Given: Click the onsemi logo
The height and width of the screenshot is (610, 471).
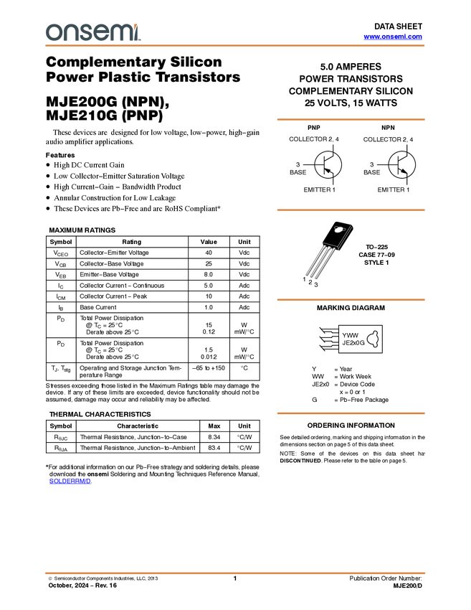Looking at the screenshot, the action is [92, 32].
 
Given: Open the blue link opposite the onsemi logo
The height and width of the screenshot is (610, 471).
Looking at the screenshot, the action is [393, 37].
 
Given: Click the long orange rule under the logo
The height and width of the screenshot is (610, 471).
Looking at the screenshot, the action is [235, 46].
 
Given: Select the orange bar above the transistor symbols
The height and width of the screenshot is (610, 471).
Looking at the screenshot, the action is [351, 120].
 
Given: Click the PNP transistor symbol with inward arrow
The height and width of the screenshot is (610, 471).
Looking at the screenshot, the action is [328, 165].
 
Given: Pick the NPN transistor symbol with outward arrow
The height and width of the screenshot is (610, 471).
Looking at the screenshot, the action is [402, 165].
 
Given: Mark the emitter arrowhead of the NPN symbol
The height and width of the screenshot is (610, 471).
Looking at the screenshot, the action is [406, 172].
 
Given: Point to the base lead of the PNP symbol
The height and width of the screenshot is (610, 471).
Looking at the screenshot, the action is [318, 165].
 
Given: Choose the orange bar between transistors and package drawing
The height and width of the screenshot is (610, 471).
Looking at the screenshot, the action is [351, 210].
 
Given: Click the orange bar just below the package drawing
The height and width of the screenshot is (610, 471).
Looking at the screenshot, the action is [351, 300].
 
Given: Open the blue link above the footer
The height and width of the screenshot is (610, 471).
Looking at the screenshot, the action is [70, 482].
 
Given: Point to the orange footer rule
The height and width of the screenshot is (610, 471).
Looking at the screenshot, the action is [235, 573].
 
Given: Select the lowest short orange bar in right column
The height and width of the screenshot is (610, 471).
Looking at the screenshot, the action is [351, 413].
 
